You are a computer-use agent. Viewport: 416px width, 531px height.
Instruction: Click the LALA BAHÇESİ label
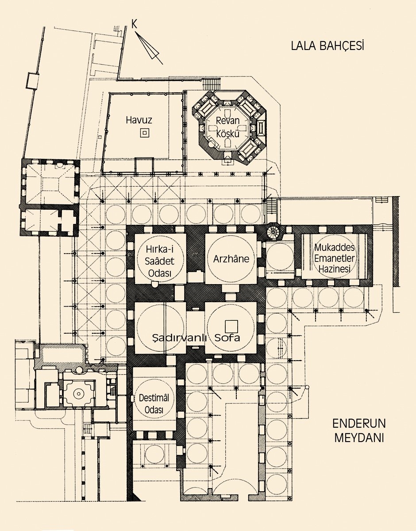point(327,46)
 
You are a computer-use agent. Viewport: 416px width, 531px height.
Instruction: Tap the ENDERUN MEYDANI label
point(359,430)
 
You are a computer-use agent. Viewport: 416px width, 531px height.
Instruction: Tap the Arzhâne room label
point(230,259)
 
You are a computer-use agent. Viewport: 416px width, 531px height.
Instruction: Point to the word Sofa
point(227,338)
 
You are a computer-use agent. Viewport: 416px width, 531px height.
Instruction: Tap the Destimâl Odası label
point(154,403)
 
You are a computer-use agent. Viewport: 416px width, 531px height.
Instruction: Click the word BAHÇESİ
point(345,46)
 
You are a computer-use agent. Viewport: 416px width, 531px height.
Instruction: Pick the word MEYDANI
point(359,438)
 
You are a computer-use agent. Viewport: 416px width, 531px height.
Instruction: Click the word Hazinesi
point(335,269)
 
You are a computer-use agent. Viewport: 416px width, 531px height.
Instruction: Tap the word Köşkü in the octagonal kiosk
point(227,133)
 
